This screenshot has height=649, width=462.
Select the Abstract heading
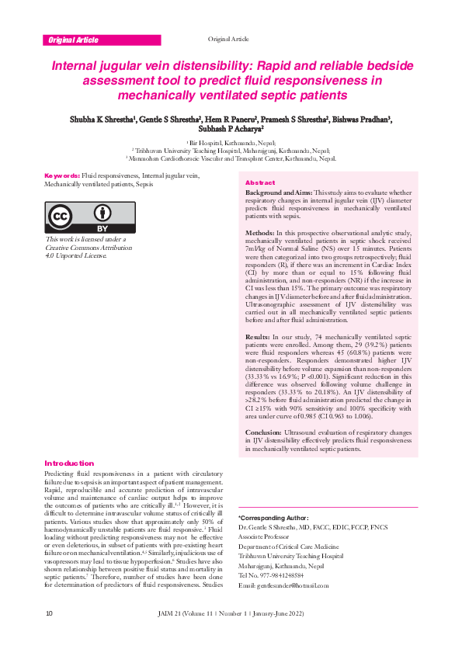pyautogui.click(x=259, y=182)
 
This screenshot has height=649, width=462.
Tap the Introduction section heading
pyautogui.click(x=68, y=463)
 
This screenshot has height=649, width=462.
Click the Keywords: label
pyautogui.click(x=62, y=176)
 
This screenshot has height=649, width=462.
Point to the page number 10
pyautogui.click(x=49, y=613)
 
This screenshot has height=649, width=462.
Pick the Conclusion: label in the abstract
pyautogui.click(x=263, y=432)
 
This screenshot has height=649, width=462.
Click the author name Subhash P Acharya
pyautogui.click(x=231, y=131)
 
